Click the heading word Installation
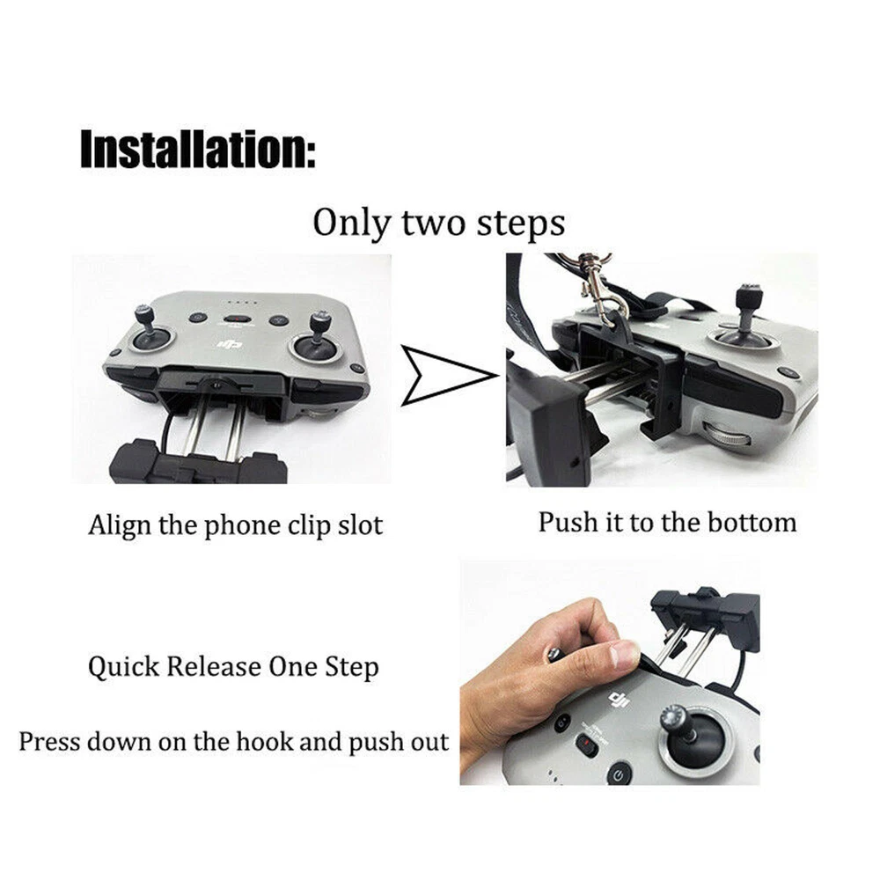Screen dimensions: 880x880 tap(198, 149)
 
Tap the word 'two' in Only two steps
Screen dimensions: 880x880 tap(433, 223)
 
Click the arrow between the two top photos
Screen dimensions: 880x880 tap(447, 376)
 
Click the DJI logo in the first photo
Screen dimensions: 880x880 tap(231, 343)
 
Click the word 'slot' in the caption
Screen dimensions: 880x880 tap(360, 526)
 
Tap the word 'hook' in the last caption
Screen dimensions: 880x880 tap(263, 741)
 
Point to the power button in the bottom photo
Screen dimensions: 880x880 tap(619, 775)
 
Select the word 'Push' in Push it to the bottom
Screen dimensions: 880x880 tap(567, 523)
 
